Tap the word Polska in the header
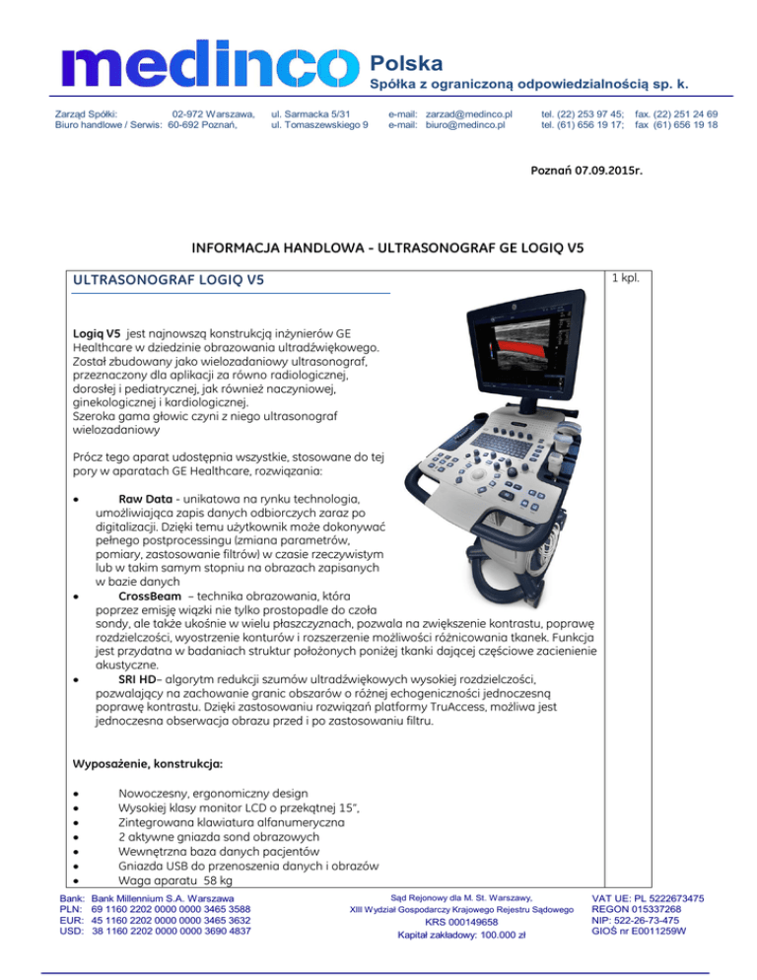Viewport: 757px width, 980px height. click(405, 63)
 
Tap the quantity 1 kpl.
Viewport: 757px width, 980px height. click(626, 278)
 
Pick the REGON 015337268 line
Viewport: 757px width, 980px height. click(638, 909)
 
